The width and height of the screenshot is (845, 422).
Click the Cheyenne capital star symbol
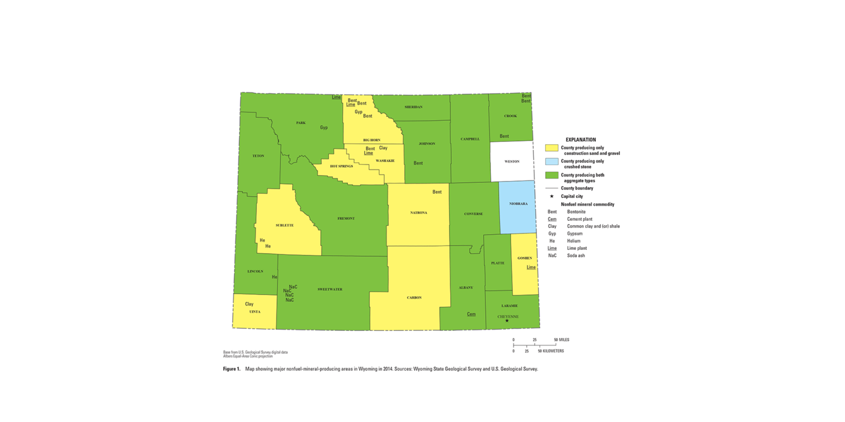pos(507,321)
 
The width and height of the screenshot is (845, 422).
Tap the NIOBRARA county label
pos(518,204)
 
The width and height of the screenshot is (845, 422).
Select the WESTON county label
pos(512,161)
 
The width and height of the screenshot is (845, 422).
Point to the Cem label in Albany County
pos(471,314)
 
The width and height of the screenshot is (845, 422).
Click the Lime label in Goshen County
pos(531,267)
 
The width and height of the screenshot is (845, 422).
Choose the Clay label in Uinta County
pos(249,304)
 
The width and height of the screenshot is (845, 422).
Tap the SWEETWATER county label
pos(330,289)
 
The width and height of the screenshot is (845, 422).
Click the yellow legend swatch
pos(552,148)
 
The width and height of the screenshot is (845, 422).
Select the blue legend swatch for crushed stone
pos(552,161)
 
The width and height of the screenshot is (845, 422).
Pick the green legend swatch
pos(552,175)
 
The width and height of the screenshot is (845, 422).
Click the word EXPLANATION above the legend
pos(581,140)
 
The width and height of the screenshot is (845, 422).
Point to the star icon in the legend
pos(552,196)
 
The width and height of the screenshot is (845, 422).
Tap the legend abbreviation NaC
pos(552,256)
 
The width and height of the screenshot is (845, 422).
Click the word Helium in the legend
pos(574,241)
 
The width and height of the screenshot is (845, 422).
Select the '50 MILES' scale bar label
pos(561,340)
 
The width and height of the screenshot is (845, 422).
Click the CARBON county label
pos(414,297)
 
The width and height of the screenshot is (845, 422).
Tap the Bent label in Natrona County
pos(437,192)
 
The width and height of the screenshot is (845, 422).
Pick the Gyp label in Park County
pos(324,128)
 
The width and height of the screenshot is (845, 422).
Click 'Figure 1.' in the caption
pos(231,369)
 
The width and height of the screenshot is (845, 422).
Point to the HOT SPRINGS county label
pos(342,166)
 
